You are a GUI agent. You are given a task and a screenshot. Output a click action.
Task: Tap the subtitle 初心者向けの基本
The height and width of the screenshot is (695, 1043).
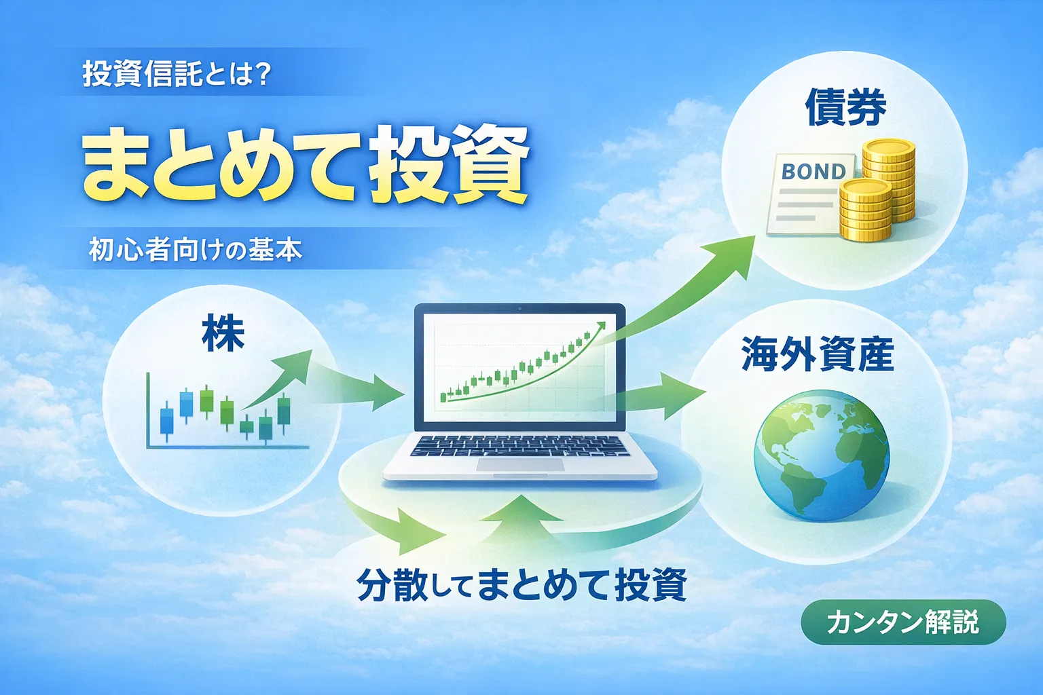(195, 250)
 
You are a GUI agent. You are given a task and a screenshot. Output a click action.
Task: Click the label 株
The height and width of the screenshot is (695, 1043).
(223, 335)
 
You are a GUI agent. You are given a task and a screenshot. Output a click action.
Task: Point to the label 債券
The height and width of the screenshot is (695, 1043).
(845, 109)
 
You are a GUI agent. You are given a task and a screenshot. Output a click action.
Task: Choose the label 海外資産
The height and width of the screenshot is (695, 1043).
(817, 354)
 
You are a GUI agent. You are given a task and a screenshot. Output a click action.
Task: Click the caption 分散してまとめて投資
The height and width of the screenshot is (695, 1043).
(521, 585)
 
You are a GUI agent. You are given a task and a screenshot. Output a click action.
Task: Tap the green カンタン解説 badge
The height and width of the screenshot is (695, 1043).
(902, 622)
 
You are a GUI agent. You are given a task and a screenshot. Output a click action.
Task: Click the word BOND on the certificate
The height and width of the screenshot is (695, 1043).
(813, 172)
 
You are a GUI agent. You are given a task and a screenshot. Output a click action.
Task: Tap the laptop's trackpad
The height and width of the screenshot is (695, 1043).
(520, 465)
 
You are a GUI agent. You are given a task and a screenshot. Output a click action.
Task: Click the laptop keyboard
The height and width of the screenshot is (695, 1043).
(520, 446)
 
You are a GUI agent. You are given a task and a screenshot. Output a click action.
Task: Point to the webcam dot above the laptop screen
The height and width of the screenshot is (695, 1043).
(520, 309)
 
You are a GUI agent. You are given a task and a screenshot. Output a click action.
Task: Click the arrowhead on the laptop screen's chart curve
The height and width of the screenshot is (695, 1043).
(599, 326)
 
